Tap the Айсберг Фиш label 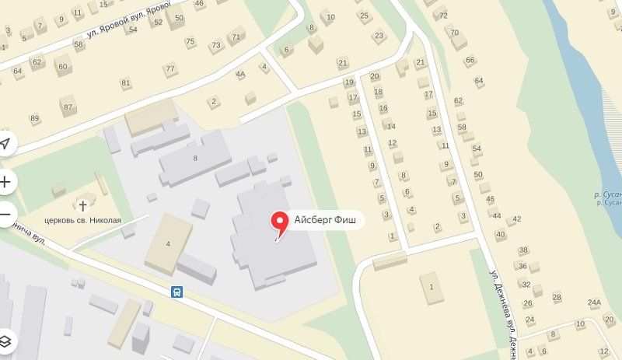[325, 220]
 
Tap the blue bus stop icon [178, 292]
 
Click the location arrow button [5, 144]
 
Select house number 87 [68, 107]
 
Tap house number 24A [595, 302]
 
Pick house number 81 [125, 82]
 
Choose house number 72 [443, 16]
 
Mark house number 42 [516, 218]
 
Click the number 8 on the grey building [195, 158]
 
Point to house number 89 [34, 118]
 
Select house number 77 [169, 68]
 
